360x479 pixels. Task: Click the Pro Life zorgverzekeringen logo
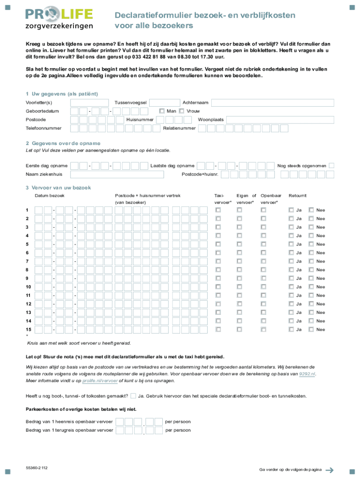[x=59, y=19]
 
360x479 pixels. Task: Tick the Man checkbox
[x=162, y=111]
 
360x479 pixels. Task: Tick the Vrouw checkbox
[x=181, y=111]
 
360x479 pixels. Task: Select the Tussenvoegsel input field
[x=164, y=103]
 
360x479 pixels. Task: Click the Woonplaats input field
[x=280, y=120]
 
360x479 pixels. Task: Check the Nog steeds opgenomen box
[x=331, y=166]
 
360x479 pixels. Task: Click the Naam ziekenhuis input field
[x=117, y=174]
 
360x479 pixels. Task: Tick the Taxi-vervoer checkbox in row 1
[x=218, y=210]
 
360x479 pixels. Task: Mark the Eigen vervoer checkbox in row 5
[x=239, y=244]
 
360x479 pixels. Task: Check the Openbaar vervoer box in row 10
[x=263, y=287]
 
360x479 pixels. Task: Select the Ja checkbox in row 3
[x=290, y=227]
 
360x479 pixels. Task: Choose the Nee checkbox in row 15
[x=311, y=329]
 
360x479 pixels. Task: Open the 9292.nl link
[x=307, y=374]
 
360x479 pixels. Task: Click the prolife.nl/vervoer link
[x=100, y=381]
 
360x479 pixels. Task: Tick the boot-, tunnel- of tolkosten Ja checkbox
[x=134, y=396]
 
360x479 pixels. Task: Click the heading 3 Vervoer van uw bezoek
[x=58, y=188]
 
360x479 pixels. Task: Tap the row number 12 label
[x=29, y=304]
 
